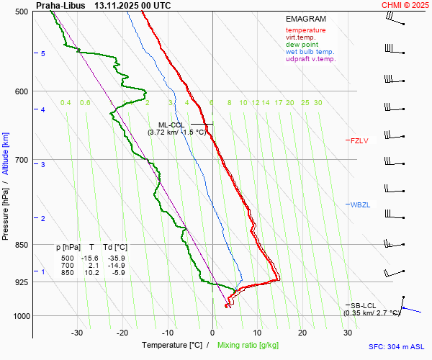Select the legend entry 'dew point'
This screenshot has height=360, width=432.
303,45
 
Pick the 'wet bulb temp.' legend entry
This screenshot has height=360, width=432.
310,52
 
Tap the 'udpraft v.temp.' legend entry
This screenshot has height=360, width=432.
310,59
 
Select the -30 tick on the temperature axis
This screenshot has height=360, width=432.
77,333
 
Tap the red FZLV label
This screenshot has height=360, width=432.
359,140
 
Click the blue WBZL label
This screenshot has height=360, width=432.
360,205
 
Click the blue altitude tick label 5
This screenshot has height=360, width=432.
43,54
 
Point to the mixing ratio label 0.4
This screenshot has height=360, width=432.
66,103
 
